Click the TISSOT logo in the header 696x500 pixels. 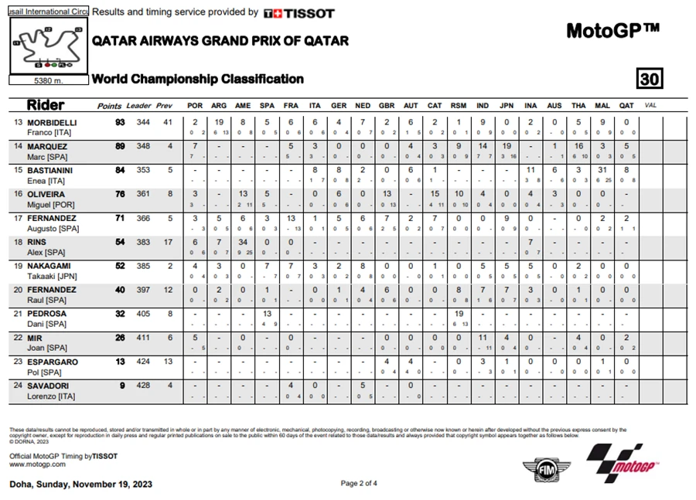pos(299,13)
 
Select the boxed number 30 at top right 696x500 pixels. pos(650,79)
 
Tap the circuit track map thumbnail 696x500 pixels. pos(48,46)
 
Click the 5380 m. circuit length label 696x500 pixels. pos(48,80)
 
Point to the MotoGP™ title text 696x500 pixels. pos(612,31)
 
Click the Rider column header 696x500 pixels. pos(46,105)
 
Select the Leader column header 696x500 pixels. pos(139,106)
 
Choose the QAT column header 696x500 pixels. pos(626,106)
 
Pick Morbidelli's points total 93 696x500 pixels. pos(120,123)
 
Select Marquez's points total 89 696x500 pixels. pos(120,147)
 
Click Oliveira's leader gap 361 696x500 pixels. pos(142,194)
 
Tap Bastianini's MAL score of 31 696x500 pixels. pos(602,170)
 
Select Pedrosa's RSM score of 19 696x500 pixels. pos(459,314)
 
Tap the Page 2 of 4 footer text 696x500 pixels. pos(359,484)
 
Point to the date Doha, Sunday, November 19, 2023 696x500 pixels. pos(80,485)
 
